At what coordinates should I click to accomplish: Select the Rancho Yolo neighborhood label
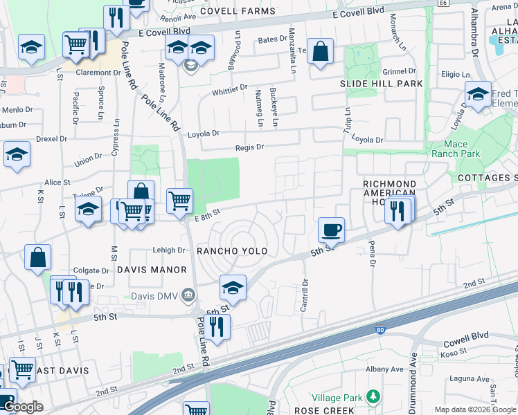[231, 250]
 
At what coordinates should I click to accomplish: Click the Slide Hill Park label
[381, 84]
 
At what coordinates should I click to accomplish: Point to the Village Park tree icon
[374, 396]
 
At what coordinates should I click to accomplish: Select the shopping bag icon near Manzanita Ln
[320, 52]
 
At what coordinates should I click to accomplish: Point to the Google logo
[23, 407]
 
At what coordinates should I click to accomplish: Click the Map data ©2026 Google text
[475, 409]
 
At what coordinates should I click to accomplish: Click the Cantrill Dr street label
[304, 295]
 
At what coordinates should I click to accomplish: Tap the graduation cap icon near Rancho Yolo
[233, 288]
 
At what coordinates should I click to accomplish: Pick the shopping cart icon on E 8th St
[180, 201]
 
